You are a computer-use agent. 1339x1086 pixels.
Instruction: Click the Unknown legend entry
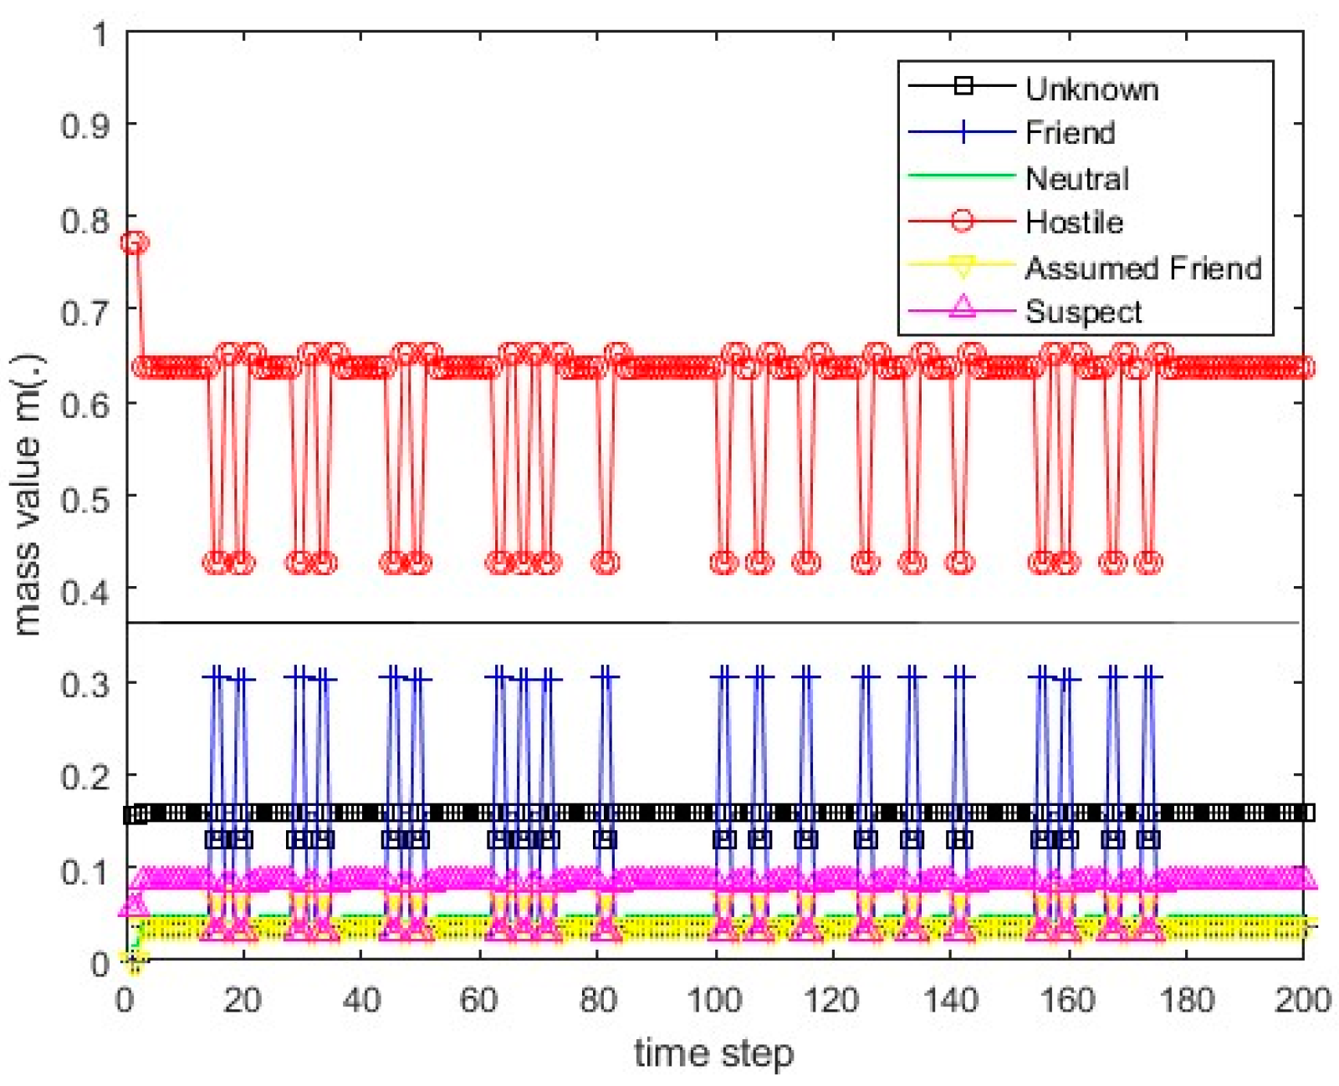point(1091,89)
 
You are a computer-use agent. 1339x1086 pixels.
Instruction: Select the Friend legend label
point(1070,133)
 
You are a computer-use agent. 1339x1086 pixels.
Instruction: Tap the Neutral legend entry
point(1076,178)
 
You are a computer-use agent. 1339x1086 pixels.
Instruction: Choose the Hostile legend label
point(1074,222)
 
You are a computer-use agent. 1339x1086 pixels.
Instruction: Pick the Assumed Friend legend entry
point(1142,268)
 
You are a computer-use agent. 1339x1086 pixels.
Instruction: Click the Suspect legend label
point(1083,312)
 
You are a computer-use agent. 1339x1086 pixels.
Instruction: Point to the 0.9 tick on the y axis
point(84,126)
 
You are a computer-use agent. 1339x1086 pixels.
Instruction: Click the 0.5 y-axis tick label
point(84,499)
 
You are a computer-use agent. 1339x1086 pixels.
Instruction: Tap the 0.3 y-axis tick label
point(84,684)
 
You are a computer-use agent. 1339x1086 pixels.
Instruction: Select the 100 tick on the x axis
point(714,1000)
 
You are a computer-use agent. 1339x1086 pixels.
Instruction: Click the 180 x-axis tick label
point(1185,1000)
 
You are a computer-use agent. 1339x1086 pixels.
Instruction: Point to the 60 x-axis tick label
point(478,1000)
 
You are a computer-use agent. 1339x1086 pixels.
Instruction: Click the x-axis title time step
point(713,1053)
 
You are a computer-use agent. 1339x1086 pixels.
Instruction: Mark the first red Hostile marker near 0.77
point(134,243)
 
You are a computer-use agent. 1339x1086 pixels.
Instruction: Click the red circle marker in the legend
point(963,222)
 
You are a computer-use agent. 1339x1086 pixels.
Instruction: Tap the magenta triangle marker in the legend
point(963,307)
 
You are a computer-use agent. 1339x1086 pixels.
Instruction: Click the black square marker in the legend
point(963,85)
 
